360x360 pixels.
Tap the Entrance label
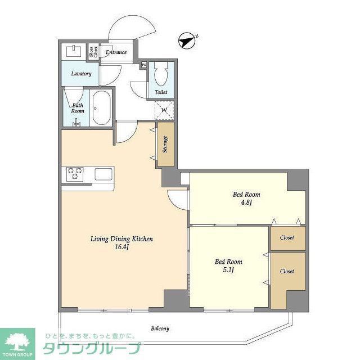pos(116,53)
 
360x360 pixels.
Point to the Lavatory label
pos(81,74)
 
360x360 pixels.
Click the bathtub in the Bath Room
pos(101,107)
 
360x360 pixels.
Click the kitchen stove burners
pos(75,174)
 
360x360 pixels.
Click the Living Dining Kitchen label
pos(121,238)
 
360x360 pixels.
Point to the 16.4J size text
pos(121,248)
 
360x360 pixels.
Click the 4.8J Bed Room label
pos(246,199)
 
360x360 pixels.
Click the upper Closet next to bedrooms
pos(287,237)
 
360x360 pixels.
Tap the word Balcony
pos(160,328)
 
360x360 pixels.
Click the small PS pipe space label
pos(144,65)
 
